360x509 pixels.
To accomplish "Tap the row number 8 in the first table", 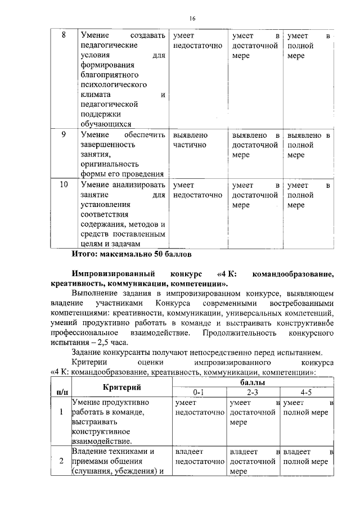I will (64, 35).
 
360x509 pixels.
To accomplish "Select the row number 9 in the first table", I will (64, 135).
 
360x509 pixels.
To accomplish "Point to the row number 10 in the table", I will (64, 184).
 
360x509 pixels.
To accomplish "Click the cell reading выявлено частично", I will (191, 140).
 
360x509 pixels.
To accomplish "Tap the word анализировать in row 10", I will (133, 184).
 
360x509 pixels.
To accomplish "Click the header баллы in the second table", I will (254, 382).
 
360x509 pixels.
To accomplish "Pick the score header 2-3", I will (253, 392).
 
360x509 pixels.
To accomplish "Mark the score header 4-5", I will (307, 392).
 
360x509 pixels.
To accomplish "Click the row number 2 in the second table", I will (60, 461).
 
